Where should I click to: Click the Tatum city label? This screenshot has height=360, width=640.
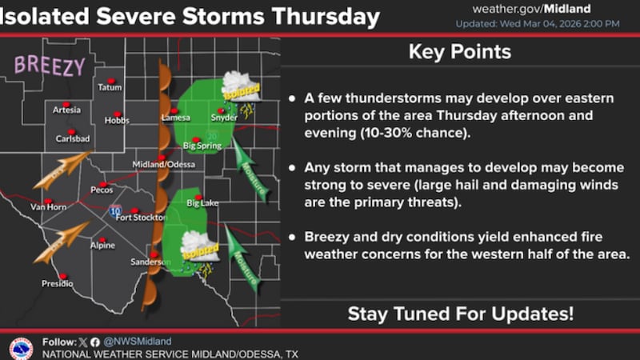(110, 87)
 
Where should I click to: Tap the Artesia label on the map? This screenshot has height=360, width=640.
(66, 110)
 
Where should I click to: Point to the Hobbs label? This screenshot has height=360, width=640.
(116, 121)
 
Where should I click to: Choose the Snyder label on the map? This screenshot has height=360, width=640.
(225, 118)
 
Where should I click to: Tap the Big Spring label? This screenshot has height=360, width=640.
(201, 146)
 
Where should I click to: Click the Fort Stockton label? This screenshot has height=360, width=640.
(140, 217)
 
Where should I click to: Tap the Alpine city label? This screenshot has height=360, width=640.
(102, 245)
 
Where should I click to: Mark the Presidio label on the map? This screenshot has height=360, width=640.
(57, 283)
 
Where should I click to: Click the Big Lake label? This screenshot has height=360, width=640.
(202, 204)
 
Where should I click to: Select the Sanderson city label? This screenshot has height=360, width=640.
(150, 262)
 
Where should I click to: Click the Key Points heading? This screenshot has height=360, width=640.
(459, 53)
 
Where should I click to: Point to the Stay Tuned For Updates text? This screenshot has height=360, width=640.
(460, 314)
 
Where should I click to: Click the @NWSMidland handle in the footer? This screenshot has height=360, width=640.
(129, 341)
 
